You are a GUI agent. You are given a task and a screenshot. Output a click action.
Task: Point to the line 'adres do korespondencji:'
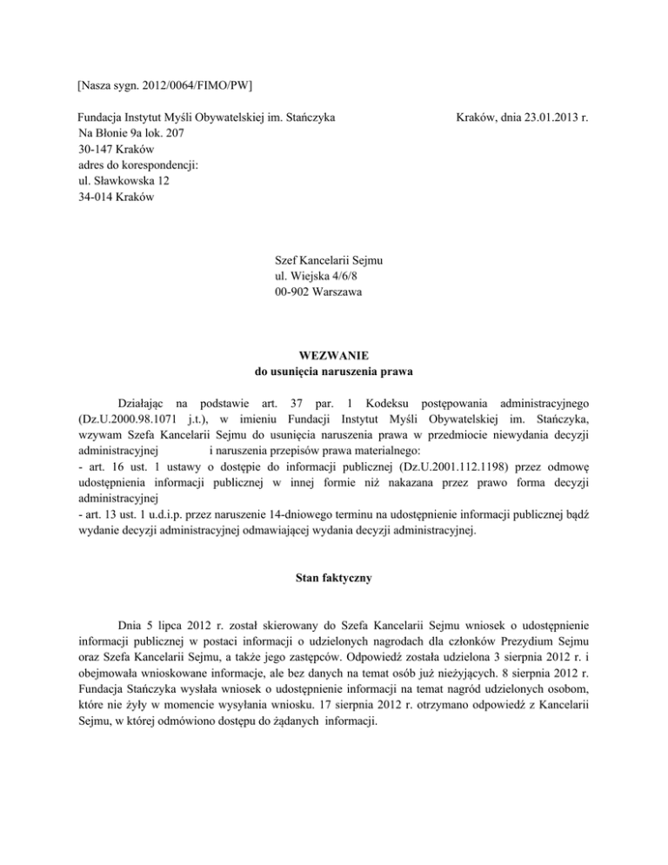139,165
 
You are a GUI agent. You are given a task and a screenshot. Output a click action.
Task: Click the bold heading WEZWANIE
334,356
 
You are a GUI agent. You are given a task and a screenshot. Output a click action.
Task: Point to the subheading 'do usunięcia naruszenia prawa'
334,372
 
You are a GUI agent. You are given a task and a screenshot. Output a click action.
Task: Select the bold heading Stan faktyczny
334,573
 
